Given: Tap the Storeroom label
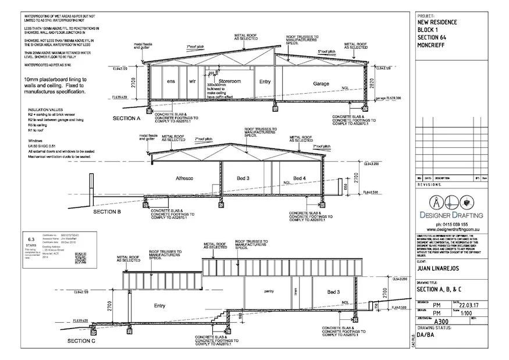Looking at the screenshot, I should click(x=230, y=81).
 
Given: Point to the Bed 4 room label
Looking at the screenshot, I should click(x=299, y=177).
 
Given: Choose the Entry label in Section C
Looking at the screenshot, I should click(x=159, y=305).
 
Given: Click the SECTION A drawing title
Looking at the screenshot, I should click(x=127, y=119).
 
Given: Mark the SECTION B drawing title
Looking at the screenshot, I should click(x=107, y=212).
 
